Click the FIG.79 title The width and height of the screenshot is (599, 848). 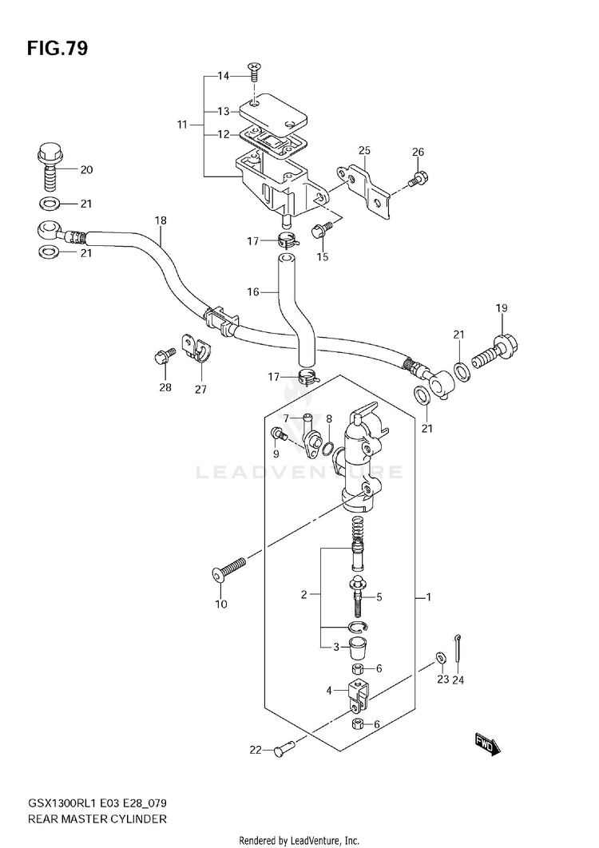(x=57, y=49)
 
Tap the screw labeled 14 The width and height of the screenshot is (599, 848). (x=253, y=71)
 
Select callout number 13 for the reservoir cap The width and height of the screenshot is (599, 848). (x=224, y=112)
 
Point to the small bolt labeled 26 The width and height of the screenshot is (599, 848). (x=419, y=179)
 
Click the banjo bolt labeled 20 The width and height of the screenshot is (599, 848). (x=50, y=167)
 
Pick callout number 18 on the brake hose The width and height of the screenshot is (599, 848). (x=161, y=220)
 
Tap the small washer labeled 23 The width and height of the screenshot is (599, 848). (x=440, y=658)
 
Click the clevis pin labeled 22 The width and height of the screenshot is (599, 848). (x=283, y=748)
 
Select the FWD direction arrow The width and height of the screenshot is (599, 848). (x=487, y=745)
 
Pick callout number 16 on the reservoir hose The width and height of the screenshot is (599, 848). (x=253, y=292)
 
